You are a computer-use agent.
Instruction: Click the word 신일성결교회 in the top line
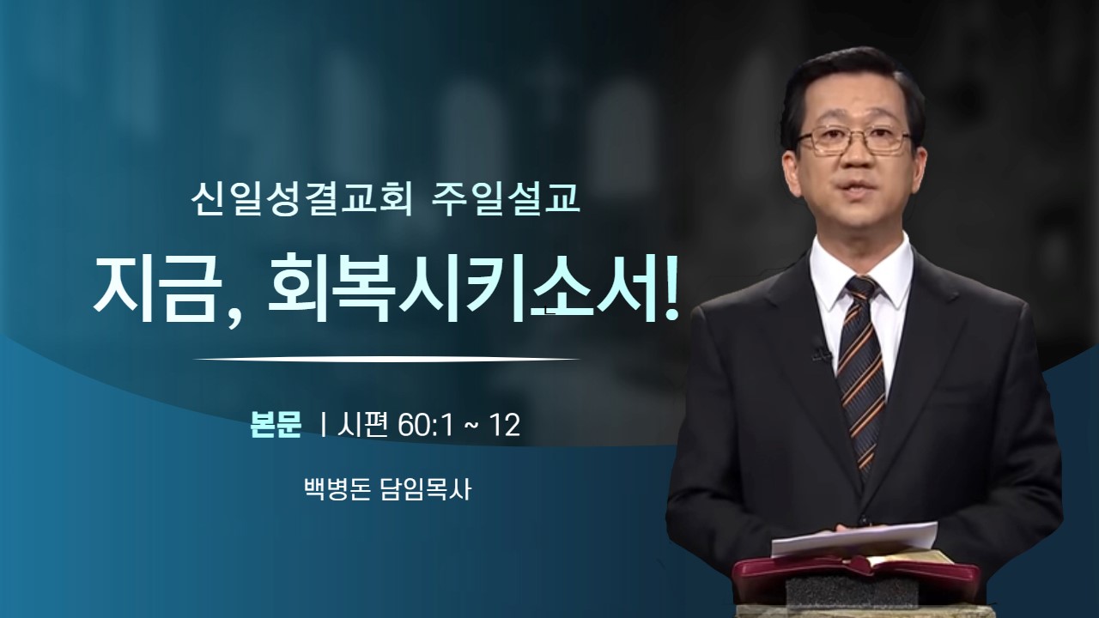[x=301, y=200]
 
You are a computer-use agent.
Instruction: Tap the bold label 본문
[x=276, y=425]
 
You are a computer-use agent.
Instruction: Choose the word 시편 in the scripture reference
[x=363, y=425]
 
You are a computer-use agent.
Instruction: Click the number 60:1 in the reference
[x=425, y=426]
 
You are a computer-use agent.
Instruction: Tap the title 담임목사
[x=426, y=489]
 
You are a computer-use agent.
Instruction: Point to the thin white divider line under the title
[x=386, y=359]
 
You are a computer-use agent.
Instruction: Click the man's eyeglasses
[x=853, y=139]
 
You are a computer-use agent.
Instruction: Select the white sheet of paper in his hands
[x=853, y=538]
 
